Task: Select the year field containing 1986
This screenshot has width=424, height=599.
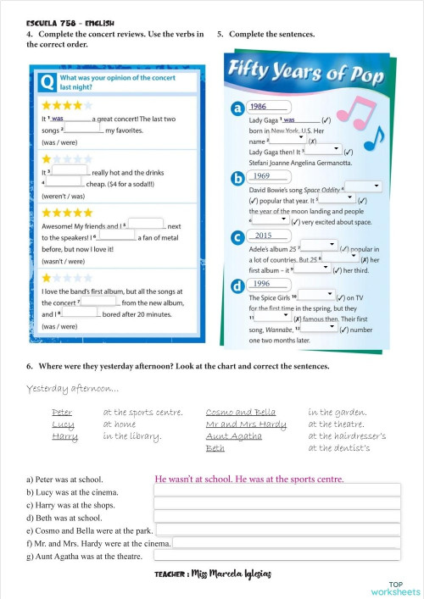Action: tap(268, 107)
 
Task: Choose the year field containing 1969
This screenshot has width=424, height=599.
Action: tap(268, 176)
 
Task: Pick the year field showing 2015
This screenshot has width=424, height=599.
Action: tap(268, 236)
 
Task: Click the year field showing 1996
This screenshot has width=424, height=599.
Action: tap(268, 284)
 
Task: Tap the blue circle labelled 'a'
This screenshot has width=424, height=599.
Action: tap(237, 109)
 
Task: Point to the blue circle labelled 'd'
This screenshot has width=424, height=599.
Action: tap(237, 286)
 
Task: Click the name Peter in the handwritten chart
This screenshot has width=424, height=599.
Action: tap(62, 413)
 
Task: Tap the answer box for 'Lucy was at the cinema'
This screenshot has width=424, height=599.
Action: tap(276, 491)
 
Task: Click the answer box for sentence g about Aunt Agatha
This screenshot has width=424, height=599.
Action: tap(276, 556)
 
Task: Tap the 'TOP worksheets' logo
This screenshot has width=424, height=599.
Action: tap(395, 588)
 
